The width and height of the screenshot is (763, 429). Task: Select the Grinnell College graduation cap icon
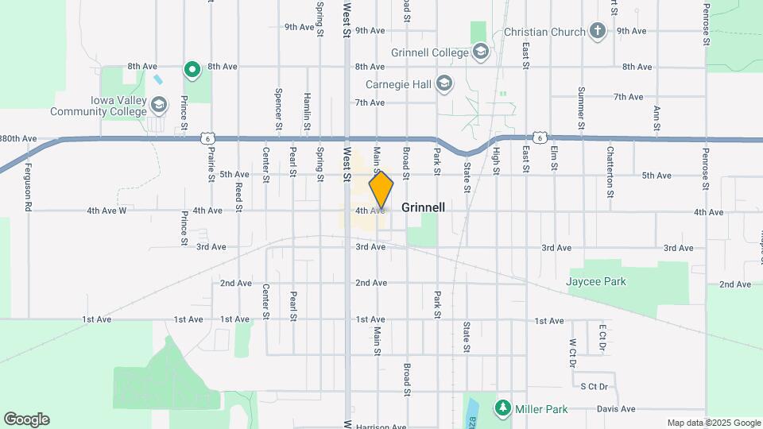pos(480,53)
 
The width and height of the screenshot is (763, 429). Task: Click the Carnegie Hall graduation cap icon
pos(443,83)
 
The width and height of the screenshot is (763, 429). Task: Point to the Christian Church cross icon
pos(598,32)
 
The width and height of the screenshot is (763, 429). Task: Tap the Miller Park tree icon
pos(502,408)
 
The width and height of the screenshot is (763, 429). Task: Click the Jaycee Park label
pos(596,281)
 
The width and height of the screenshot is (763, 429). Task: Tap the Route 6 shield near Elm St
pos(539,138)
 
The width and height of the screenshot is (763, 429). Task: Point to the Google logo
pos(26,419)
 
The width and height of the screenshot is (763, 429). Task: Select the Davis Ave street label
pos(616,409)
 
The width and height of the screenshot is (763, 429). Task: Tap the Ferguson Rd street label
pos(27,187)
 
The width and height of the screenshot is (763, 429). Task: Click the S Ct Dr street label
pos(593,387)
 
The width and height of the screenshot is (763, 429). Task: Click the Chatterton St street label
pos(610,172)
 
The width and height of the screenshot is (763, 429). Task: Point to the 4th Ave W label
pos(107,211)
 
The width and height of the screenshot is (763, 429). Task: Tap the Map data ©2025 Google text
pos(712,423)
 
